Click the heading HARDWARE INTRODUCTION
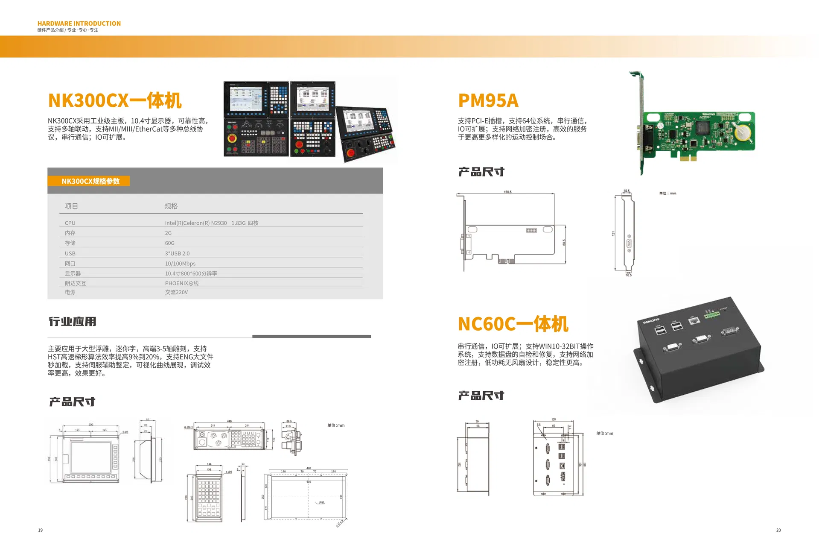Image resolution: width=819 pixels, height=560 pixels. click(x=79, y=23)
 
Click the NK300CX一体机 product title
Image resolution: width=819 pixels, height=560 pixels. click(x=115, y=101)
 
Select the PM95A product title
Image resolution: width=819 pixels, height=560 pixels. click(x=488, y=101)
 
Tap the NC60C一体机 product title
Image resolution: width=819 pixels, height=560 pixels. click(x=513, y=324)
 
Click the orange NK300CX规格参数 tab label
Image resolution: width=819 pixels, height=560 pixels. click(x=90, y=181)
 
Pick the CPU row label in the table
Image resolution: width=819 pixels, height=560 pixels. click(x=70, y=223)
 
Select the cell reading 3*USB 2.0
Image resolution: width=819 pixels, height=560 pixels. click(x=177, y=253)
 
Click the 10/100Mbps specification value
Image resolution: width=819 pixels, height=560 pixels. click(x=180, y=264)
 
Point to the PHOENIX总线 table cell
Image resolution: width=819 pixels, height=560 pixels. click(x=182, y=283)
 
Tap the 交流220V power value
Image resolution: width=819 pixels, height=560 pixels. click(x=176, y=292)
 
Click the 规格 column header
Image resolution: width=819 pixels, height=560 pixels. click(x=171, y=206)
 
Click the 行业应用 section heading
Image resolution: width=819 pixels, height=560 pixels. click(x=73, y=322)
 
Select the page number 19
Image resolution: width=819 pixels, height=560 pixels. click(x=41, y=530)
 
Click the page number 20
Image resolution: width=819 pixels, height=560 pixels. click(x=778, y=530)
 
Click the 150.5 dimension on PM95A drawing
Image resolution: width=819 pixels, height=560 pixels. click(x=507, y=192)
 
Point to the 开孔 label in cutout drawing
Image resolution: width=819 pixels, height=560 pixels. click(x=322, y=503)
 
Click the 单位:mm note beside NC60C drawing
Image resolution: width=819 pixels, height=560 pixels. click(x=604, y=434)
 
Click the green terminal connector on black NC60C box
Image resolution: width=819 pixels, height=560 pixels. click(x=711, y=315)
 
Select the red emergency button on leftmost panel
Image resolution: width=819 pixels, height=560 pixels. click(x=232, y=138)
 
